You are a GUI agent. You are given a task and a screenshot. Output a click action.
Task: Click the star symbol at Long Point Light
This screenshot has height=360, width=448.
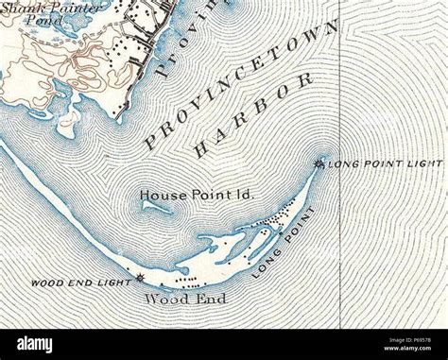click(x=318, y=164)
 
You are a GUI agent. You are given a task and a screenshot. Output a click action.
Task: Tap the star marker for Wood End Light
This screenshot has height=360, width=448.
click(x=141, y=278)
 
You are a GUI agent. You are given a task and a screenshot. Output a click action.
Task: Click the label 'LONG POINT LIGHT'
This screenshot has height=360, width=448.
click(x=384, y=164)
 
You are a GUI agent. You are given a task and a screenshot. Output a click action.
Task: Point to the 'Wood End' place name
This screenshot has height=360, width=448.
click(x=175, y=300)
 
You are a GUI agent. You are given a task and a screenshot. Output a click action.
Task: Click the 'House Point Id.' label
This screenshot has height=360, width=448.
click(x=198, y=195)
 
